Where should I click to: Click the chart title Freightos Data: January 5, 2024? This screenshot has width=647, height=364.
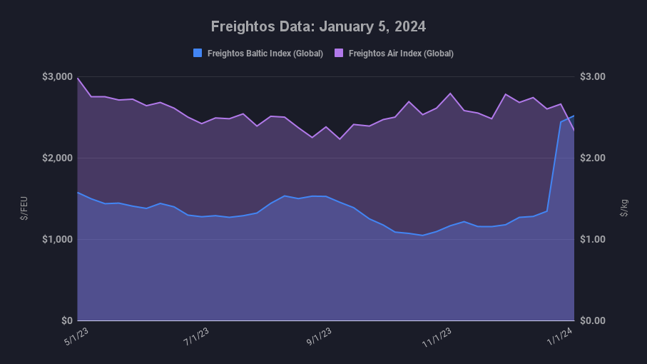(318, 26)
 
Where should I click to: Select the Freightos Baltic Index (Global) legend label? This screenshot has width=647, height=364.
(265, 54)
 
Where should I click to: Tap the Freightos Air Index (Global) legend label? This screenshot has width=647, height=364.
(401, 54)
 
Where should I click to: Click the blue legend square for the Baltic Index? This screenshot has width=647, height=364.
(198, 53)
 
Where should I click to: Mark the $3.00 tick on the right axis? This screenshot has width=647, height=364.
(593, 77)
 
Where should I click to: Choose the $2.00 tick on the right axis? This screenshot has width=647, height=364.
(593, 158)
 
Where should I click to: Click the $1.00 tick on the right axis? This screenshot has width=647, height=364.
(593, 239)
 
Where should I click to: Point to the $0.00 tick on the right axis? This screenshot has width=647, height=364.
(593, 320)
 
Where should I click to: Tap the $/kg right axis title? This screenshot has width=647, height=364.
(623, 207)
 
